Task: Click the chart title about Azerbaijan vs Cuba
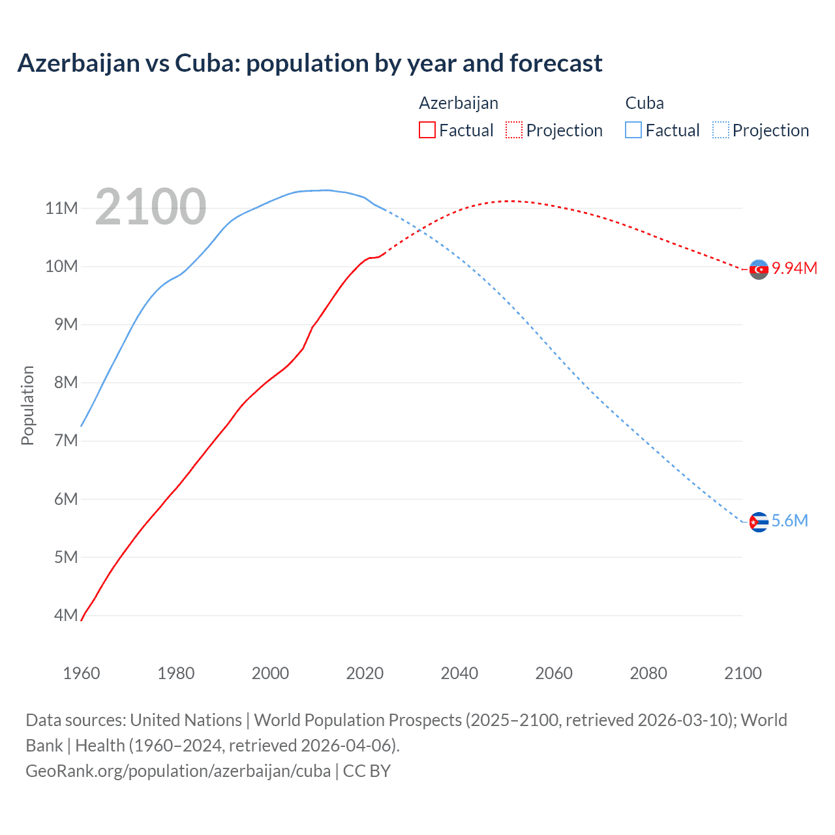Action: click(x=310, y=63)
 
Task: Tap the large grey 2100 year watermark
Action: click(x=151, y=207)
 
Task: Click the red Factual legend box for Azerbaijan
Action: click(x=427, y=130)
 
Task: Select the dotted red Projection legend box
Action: click(x=514, y=130)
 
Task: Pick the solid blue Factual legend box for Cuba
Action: click(x=633, y=130)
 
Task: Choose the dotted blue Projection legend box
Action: click(x=720, y=130)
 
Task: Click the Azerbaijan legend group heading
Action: click(x=458, y=103)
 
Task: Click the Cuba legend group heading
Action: click(x=645, y=103)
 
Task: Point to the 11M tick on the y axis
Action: click(x=62, y=208)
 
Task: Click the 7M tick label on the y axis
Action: click(x=66, y=440)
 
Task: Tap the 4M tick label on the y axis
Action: click(x=66, y=615)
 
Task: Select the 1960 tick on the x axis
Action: click(x=82, y=673)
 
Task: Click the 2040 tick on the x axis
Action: click(x=459, y=673)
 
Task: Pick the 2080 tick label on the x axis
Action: click(x=648, y=673)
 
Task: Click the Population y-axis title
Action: click(x=27, y=405)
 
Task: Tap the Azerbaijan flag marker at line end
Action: click(x=759, y=269)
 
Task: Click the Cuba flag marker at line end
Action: click(x=759, y=522)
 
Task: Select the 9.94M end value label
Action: click(x=795, y=268)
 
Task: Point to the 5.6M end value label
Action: click(x=789, y=521)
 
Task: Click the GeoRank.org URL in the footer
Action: click(x=178, y=770)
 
